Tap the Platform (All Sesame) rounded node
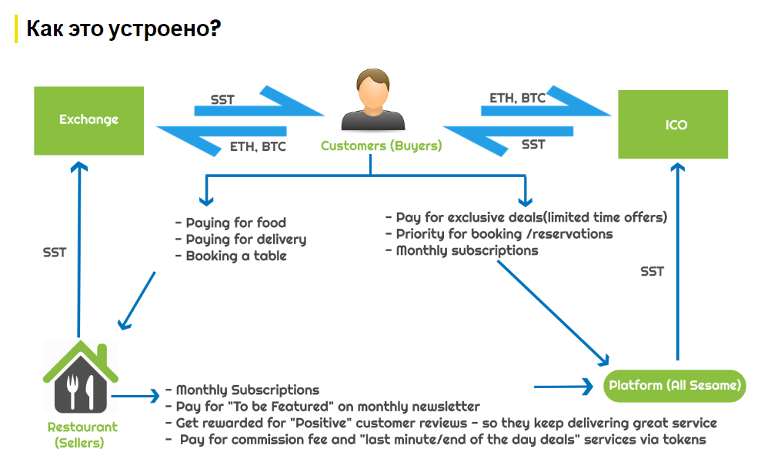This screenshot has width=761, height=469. [x=674, y=385]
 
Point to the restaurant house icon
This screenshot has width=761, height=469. [x=80, y=378]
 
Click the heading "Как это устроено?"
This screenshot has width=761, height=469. [x=124, y=29]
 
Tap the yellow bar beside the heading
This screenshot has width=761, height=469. [x=16, y=29]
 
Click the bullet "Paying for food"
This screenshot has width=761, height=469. [x=231, y=223]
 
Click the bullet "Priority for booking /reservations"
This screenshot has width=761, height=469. [x=499, y=234]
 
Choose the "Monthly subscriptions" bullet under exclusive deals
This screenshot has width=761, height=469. [x=462, y=250]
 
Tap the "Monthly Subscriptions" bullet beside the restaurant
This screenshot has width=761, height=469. [x=242, y=390]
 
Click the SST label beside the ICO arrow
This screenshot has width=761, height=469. [x=653, y=271]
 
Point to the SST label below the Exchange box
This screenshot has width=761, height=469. [x=55, y=252]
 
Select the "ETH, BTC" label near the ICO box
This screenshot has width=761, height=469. [x=517, y=98]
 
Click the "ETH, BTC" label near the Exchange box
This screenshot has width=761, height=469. [x=258, y=146]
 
